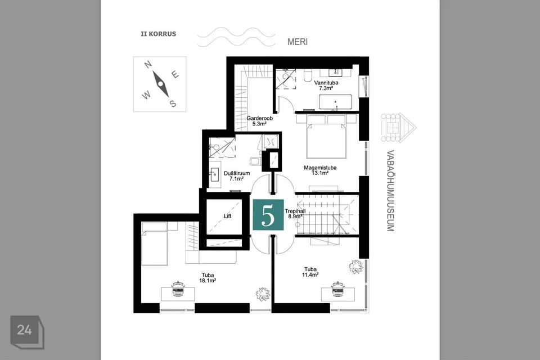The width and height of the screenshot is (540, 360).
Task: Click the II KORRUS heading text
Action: coord(159,34)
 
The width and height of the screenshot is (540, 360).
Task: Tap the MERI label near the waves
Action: coord(298,42)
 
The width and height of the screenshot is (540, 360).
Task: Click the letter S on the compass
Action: coord(173,103)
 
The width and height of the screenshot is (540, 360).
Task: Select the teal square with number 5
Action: coord(268,215)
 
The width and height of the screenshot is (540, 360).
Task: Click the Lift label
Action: coord(227,216)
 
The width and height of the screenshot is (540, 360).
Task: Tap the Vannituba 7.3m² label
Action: coord(326,85)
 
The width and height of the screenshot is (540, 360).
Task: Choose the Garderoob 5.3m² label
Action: coord(259,121)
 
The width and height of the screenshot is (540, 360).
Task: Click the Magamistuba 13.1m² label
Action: coord(320,170)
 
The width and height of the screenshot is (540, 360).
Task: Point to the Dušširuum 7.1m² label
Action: coord(237,175)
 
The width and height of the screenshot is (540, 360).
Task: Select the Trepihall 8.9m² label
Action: coord(295,214)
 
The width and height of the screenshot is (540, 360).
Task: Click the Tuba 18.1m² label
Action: coord(208,278)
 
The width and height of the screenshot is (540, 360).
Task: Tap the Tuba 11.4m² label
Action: coord(310,272)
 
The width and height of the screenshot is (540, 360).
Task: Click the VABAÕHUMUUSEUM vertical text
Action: coord(390,191)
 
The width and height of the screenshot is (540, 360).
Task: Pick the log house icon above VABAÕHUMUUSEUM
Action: coord(398,127)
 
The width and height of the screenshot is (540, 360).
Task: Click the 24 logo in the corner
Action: coord(27,332)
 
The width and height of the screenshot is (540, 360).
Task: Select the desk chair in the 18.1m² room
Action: coord(178,289)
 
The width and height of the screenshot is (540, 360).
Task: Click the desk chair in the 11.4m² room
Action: coord(338,289)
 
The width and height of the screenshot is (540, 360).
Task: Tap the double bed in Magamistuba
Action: coord(326,137)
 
